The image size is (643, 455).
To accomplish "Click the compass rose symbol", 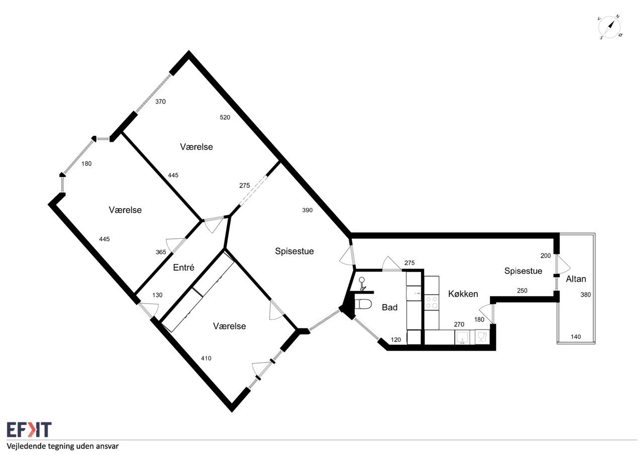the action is click(x=609, y=28).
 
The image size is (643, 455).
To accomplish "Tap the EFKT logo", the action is click(x=29, y=430).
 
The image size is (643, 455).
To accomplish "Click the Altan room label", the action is click(x=576, y=279).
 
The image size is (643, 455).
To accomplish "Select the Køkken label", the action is click(x=463, y=294).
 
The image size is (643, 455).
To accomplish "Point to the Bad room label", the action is click(x=389, y=307).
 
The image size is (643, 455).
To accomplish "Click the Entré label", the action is click(x=184, y=267).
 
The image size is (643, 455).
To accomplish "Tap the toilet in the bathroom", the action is click(x=363, y=304).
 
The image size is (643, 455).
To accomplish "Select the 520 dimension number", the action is click(x=225, y=117).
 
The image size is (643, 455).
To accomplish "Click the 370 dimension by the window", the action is click(x=160, y=102).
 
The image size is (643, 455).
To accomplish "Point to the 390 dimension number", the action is click(x=307, y=210).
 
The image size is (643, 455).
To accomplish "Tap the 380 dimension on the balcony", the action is click(x=586, y=295).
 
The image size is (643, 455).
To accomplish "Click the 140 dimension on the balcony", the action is click(x=576, y=337).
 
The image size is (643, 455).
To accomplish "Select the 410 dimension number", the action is click(x=206, y=358).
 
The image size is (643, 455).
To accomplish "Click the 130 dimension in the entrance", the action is click(x=157, y=295).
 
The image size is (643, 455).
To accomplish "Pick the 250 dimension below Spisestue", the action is click(x=522, y=291).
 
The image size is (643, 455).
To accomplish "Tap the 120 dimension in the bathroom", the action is click(x=396, y=340).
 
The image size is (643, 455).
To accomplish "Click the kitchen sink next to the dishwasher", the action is click(x=462, y=337).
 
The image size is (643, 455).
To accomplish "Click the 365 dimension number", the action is click(x=161, y=252).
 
